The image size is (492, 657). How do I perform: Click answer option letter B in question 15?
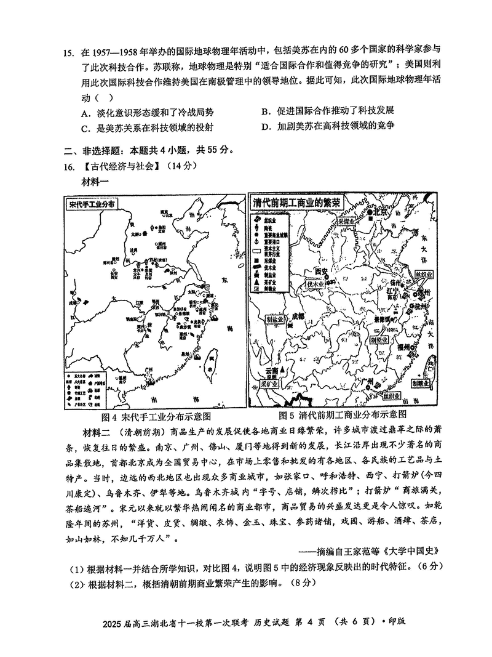coord(266,111)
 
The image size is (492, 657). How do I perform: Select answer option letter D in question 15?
coord(266,126)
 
